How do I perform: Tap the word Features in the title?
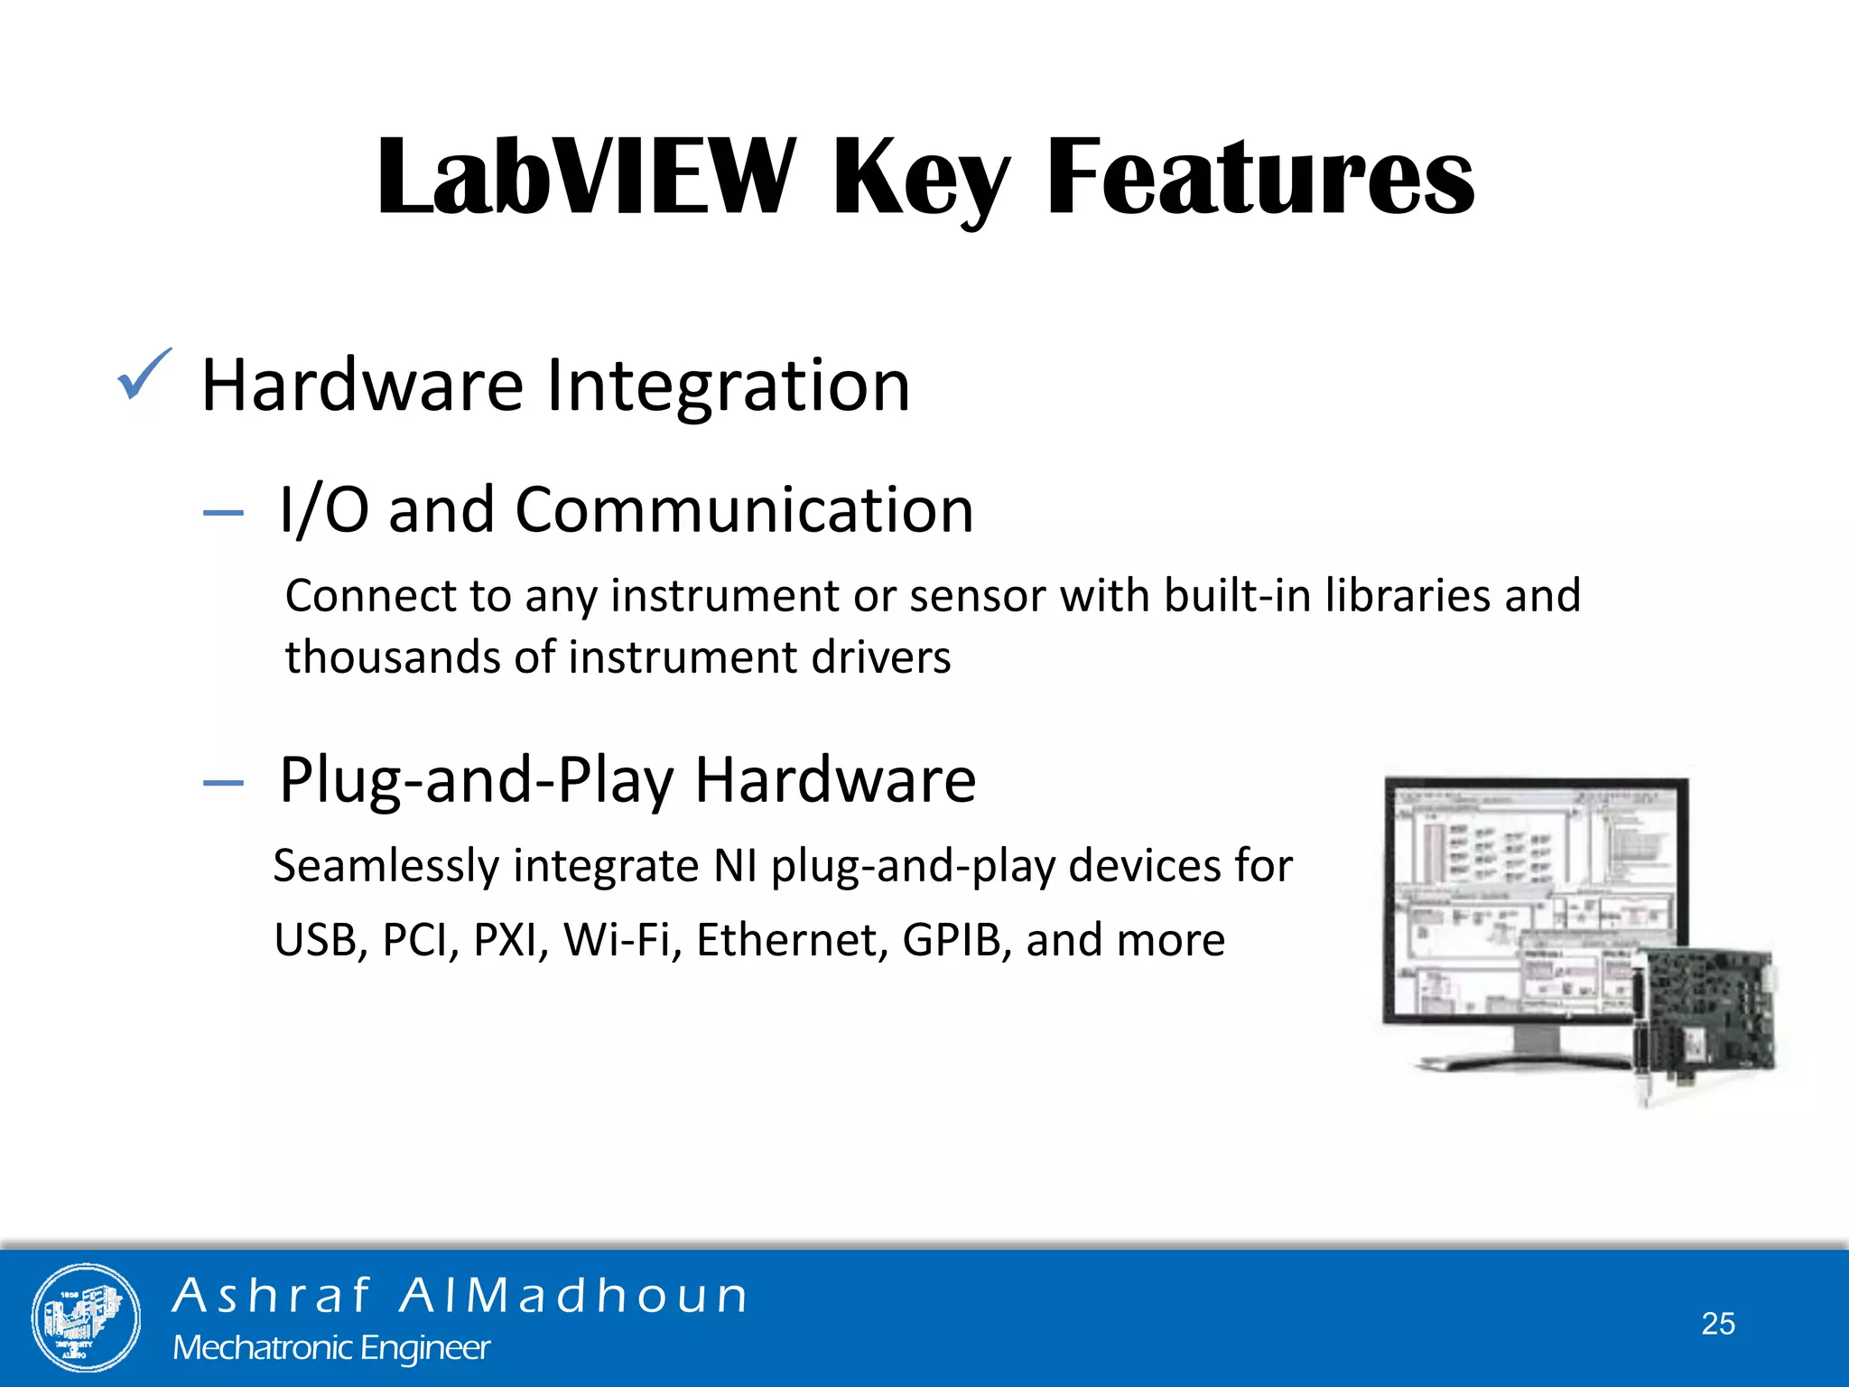(x=1259, y=176)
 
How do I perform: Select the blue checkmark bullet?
(x=143, y=375)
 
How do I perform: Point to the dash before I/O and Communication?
(x=223, y=513)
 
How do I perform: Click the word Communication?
(x=744, y=510)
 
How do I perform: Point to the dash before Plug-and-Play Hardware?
(x=223, y=783)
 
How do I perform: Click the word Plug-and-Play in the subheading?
(x=476, y=780)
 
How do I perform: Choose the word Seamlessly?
(x=386, y=866)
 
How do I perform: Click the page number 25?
(x=1718, y=1324)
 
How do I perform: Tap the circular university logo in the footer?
(x=86, y=1317)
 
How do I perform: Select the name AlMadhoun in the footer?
(x=574, y=1296)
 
